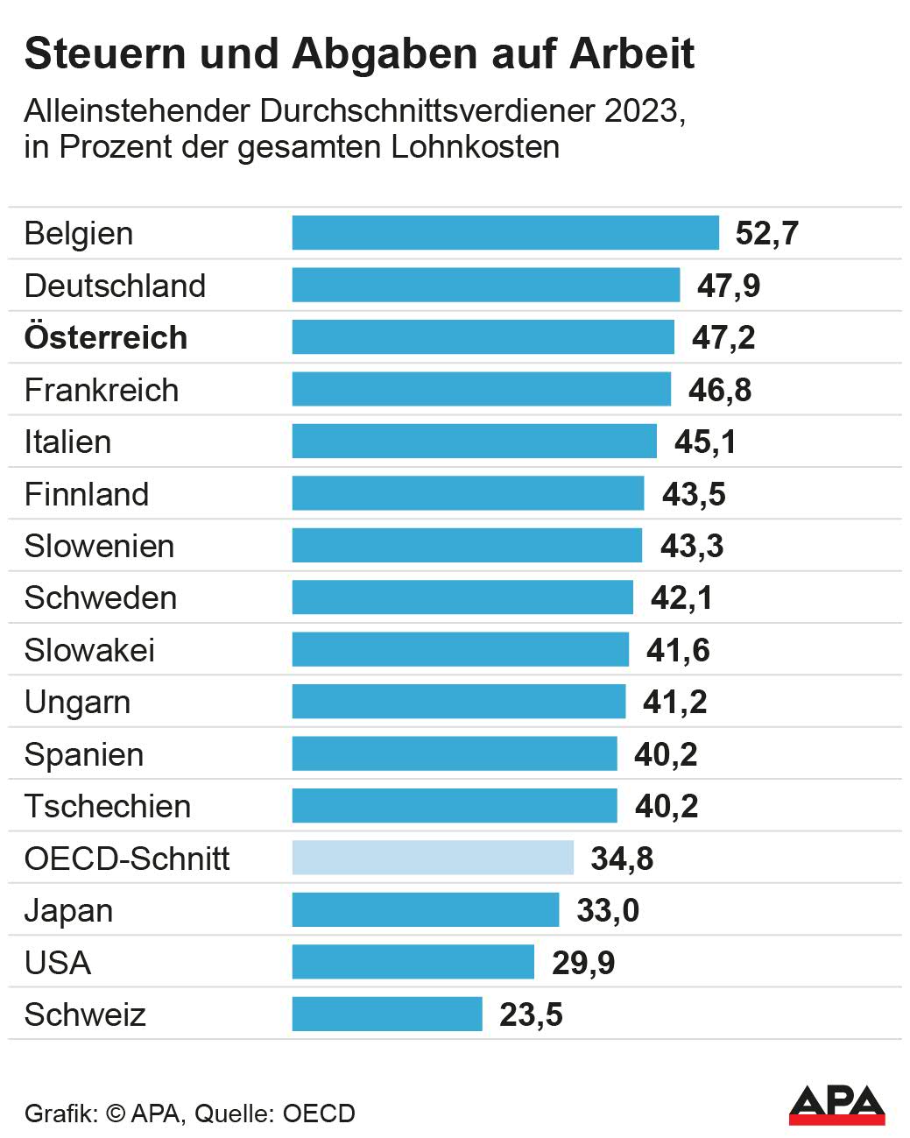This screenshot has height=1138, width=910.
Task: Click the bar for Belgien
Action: pos(505,233)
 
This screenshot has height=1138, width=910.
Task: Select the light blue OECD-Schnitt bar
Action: pos(433,858)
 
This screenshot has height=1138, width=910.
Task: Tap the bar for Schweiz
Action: pos(387,1014)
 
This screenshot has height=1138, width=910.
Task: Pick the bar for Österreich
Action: pos(483,337)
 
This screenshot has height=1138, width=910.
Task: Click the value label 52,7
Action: pos(767,233)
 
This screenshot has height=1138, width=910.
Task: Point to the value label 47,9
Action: pos(729,286)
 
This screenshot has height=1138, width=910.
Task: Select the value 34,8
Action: pos(622,859)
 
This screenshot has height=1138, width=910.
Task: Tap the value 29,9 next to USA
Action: pos(583,963)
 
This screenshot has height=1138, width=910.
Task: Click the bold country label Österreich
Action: pos(106,337)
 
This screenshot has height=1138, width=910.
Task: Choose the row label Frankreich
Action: pos(102,390)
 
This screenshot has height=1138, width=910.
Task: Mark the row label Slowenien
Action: pos(100,546)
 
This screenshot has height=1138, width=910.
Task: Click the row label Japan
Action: pos(68,911)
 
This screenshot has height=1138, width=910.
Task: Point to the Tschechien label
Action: pos(108,806)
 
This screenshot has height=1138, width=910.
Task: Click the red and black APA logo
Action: pos(836,1105)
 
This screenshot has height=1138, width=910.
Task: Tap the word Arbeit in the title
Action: pos(632,53)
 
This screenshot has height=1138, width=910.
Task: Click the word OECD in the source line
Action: pos(319,1113)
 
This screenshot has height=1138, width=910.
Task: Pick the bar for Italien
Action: pos(474,442)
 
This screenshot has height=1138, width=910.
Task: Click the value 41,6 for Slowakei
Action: pos(678,650)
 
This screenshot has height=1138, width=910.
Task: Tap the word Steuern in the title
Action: pos(106,53)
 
